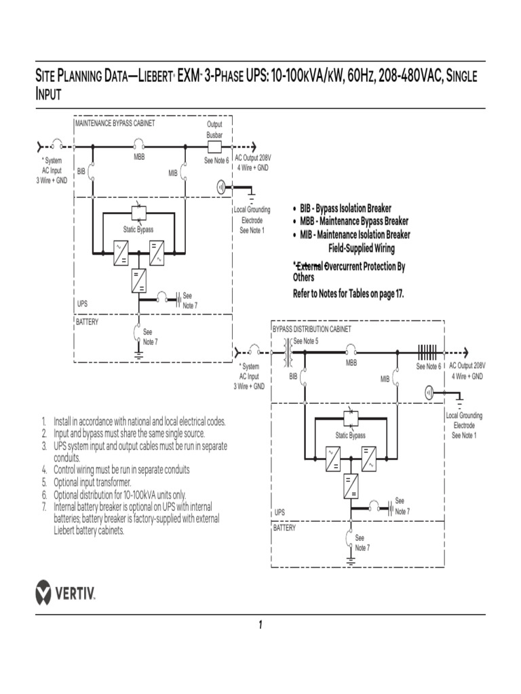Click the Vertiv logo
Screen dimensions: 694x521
coord(65,592)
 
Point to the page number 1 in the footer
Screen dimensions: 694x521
coord(260,625)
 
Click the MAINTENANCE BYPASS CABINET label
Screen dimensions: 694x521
coord(115,123)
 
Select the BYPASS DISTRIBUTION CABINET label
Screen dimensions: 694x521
coord(312,329)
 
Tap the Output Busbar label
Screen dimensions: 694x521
coord(214,129)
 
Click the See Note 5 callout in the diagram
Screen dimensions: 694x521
coord(305,340)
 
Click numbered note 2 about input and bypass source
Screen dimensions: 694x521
coord(129,432)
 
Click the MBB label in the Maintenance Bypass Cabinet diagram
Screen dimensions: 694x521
coord(139,157)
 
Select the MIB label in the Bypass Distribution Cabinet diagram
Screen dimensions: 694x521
coord(385,379)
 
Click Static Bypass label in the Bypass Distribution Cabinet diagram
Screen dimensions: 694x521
coord(350,435)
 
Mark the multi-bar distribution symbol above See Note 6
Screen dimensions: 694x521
coord(427,352)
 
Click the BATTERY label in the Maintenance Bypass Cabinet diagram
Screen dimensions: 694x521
coord(87,322)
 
